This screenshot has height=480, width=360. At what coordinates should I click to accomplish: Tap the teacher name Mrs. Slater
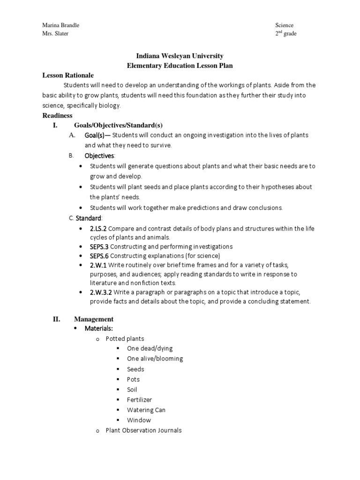point(55,34)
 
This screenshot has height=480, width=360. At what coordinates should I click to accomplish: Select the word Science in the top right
point(284,25)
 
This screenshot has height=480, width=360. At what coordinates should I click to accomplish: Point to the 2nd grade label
point(285,34)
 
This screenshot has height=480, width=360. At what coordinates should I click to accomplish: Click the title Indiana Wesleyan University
point(180,56)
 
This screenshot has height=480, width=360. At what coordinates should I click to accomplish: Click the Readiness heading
point(57,115)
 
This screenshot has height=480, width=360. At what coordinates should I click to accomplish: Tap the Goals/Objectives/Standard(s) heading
point(118,125)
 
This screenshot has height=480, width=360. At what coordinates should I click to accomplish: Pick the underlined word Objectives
point(99,156)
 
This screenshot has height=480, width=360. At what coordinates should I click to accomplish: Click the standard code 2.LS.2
point(98,228)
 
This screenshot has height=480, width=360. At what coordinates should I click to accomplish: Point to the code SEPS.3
point(98,246)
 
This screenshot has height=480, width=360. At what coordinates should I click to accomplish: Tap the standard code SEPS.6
point(98,255)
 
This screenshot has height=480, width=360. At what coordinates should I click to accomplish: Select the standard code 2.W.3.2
point(101,292)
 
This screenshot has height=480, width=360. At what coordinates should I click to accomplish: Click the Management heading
point(93,319)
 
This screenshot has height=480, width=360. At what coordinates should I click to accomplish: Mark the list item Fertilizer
point(140,400)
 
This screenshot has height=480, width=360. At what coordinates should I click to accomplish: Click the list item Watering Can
point(146,410)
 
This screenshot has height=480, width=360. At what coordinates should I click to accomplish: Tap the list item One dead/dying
point(150,349)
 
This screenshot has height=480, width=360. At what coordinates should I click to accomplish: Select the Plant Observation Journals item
point(143,430)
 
